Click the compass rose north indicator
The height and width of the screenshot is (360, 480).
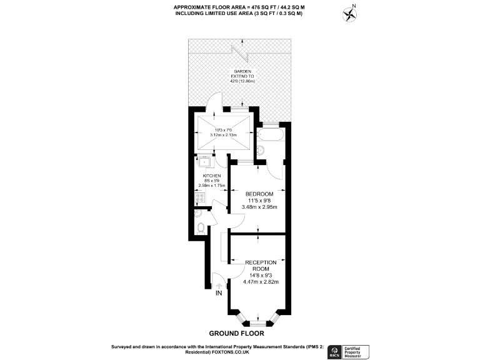pyautogui.click(x=349, y=12)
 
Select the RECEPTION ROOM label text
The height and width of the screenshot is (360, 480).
pyautogui.click(x=261, y=265)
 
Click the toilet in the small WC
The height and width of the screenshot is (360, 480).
pyautogui.click(x=199, y=227)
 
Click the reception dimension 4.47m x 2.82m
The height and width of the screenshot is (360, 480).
pyautogui.click(x=261, y=281)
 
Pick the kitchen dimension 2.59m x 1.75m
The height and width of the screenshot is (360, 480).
pyautogui.click(x=211, y=186)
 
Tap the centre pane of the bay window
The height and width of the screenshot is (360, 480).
pyautogui.click(x=259, y=324)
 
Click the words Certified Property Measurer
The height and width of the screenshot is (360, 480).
pyautogui.click(x=357, y=351)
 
